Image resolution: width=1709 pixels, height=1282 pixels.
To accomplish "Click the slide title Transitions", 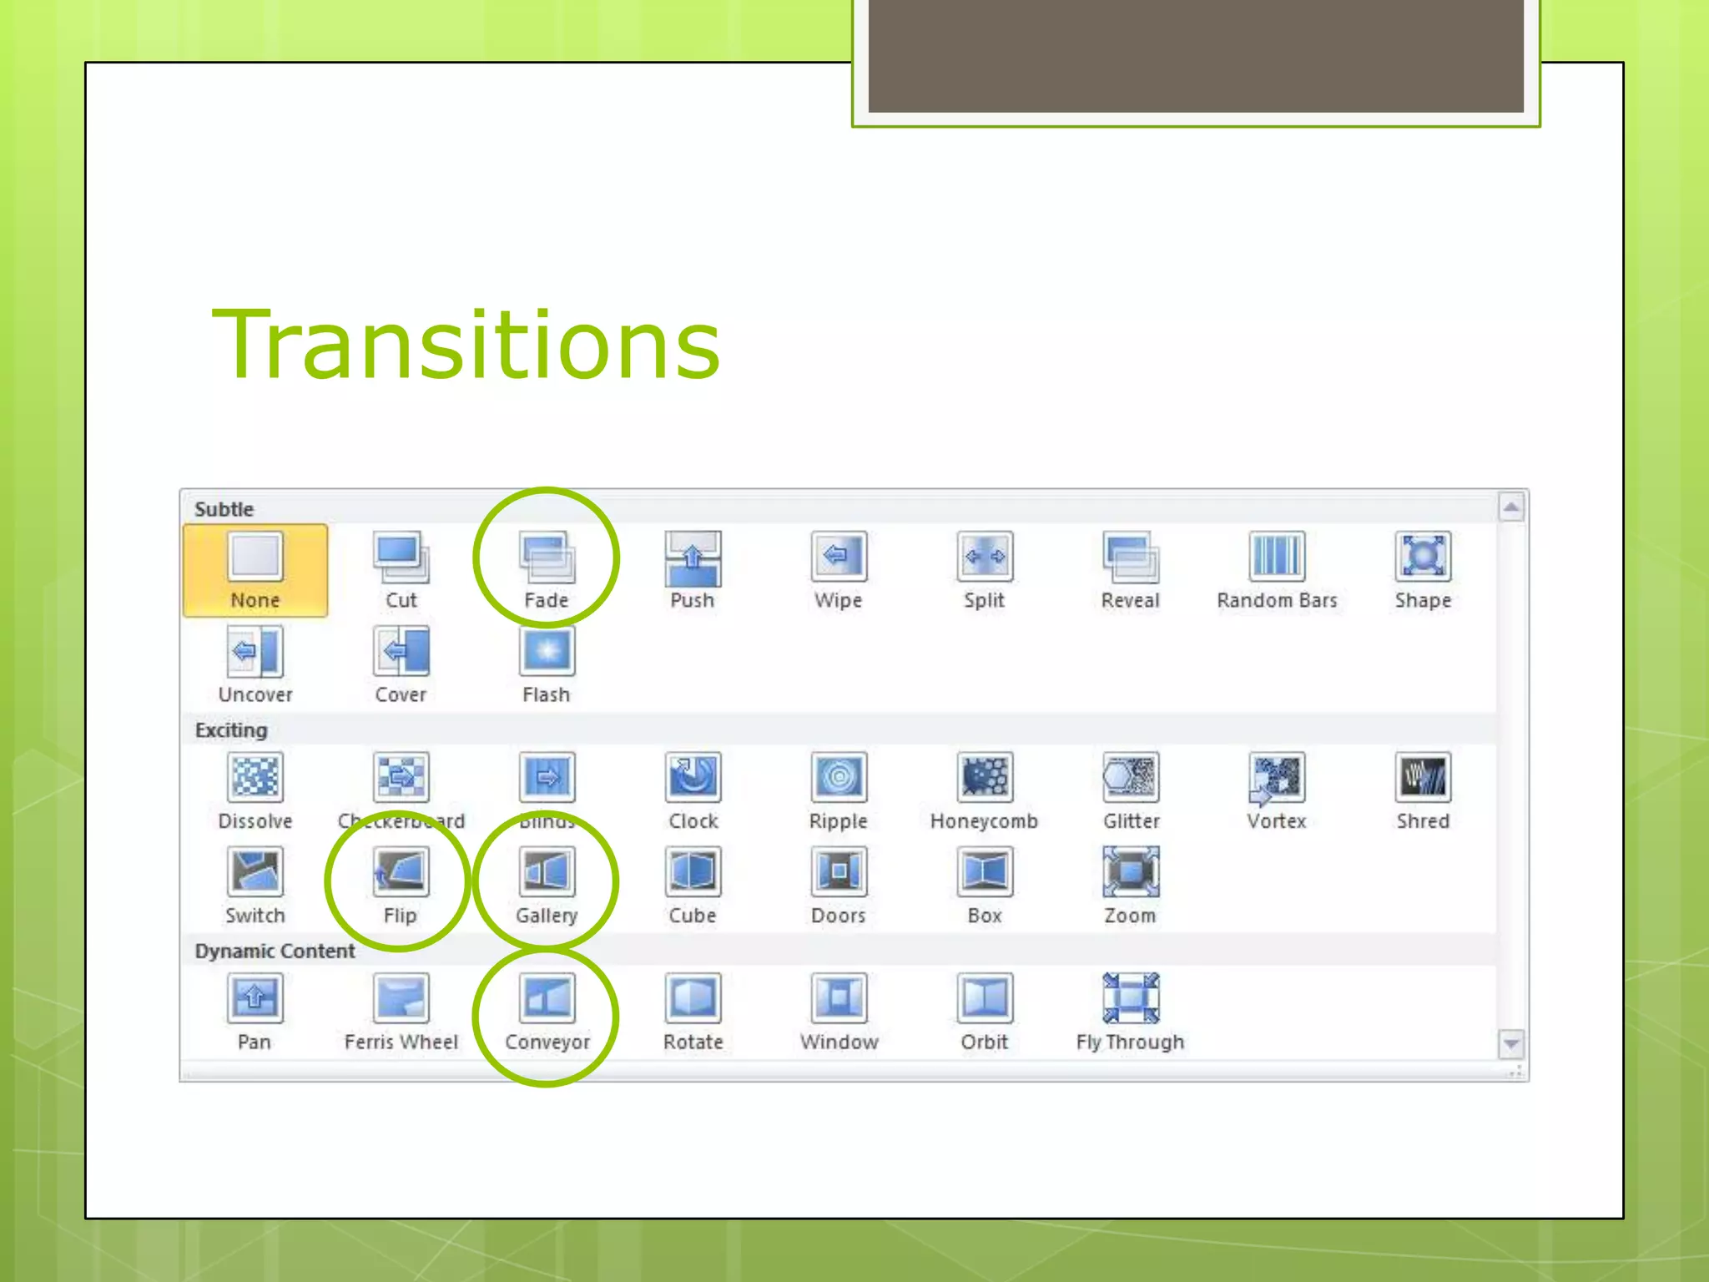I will click(466, 345).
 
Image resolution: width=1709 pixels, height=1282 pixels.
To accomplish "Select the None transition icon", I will click(255, 556).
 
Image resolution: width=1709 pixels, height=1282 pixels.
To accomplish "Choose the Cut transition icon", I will click(401, 557).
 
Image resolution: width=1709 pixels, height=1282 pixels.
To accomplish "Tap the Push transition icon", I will click(693, 557).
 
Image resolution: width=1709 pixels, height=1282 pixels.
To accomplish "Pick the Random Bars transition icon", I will click(1277, 556).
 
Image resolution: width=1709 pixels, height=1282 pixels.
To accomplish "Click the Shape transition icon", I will click(1423, 556).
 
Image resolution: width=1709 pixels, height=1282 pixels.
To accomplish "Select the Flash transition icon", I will click(547, 650).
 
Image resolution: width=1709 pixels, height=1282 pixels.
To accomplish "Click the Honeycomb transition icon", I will click(985, 777).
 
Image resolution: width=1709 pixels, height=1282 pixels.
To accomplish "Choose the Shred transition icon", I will click(1423, 777).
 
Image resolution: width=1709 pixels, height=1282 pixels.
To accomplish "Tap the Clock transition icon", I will click(693, 777).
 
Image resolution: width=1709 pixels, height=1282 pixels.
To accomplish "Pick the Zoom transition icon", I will click(1131, 871).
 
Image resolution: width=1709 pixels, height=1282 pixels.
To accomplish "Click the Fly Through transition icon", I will click(1131, 997).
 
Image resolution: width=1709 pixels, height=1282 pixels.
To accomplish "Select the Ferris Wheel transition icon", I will click(401, 997).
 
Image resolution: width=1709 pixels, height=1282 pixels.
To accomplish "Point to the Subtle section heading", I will click(224, 509).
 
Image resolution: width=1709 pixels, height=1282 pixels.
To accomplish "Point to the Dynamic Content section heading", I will click(275, 951).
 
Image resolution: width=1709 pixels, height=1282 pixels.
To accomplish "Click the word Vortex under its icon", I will click(1277, 821).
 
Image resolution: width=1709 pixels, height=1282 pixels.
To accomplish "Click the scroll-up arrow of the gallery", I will click(1511, 507).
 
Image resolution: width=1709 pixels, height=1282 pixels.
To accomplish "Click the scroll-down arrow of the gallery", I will click(1511, 1043).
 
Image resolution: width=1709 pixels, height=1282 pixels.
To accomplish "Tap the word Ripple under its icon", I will click(839, 821).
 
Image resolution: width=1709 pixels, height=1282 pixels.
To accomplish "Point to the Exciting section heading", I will click(231, 730).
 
